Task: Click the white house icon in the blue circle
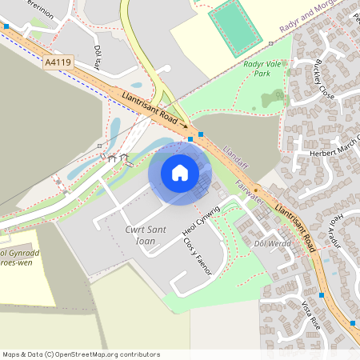pos(180,173)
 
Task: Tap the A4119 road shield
pos(58,62)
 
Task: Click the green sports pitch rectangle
pos(235,28)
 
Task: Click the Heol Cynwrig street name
pos(201,217)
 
